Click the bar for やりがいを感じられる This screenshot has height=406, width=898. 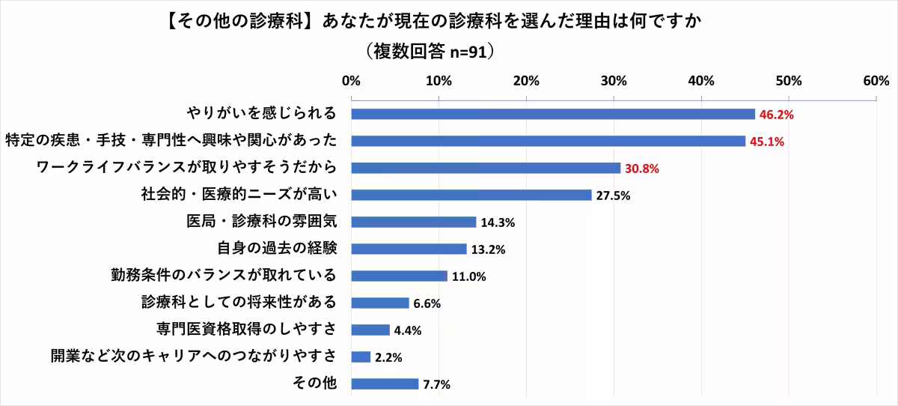[553, 114]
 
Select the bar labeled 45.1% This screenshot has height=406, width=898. [548, 141]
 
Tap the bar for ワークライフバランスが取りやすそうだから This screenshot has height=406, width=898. [486, 168]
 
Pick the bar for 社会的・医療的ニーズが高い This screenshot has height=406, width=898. [471, 195]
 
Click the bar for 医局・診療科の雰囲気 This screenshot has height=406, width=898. [413, 222]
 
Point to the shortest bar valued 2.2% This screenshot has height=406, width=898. [361, 357]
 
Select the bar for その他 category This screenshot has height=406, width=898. [385, 384]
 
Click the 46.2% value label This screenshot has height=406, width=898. [776, 115]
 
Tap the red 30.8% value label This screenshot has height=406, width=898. [641, 169]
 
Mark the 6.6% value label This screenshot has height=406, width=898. [427, 303]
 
